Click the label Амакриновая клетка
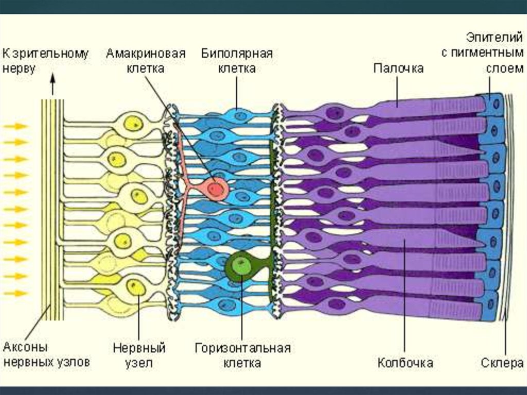[x=145, y=61]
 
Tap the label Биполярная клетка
[x=237, y=61]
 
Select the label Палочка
[x=398, y=68]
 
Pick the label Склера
[x=502, y=363]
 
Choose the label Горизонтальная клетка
[x=242, y=355]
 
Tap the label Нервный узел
[x=132, y=355]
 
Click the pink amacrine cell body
[x=216, y=189]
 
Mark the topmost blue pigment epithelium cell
[x=495, y=104]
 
